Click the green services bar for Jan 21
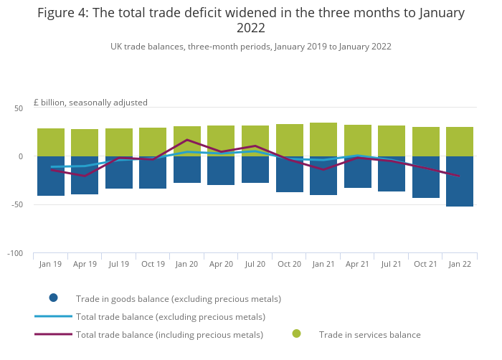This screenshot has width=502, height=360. click(323, 139)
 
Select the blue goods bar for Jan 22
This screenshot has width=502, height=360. click(460, 181)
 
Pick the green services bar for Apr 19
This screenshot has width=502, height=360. click(85, 143)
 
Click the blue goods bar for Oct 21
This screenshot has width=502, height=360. click(426, 177)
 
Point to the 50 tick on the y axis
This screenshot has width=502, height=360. click(19, 108)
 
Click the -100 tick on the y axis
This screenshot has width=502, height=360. click(15, 254)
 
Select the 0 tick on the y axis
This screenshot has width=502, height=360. click(21, 156)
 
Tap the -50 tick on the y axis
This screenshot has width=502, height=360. click(17, 205)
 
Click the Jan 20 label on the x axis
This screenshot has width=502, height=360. click(186, 264)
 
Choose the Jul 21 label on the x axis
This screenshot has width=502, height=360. click(392, 264)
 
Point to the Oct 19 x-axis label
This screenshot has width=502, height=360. click(153, 264)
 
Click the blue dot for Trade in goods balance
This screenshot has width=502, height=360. click(53, 298)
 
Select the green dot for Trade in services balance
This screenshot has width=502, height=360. click(296, 333)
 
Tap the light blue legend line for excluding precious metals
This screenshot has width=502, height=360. click(53, 316)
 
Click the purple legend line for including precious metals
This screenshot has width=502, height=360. click(53, 334)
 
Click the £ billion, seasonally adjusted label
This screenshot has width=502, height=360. click(90, 103)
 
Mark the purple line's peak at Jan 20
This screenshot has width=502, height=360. click(187, 140)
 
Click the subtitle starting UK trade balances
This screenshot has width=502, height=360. click(250, 47)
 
